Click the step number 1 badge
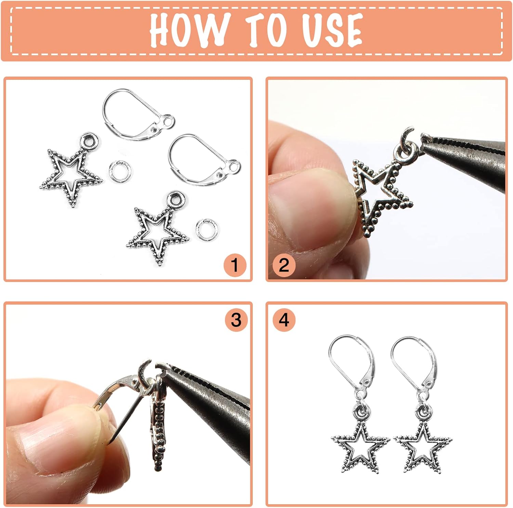coord(235,265)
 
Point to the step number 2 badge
coord(284,265)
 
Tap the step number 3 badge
coord(236,320)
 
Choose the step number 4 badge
coord(284,320)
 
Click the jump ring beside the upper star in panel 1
coord(120,171)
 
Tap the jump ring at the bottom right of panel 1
coord(206,230)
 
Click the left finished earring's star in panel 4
coord(360,447)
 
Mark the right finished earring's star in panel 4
coord(423,447)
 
